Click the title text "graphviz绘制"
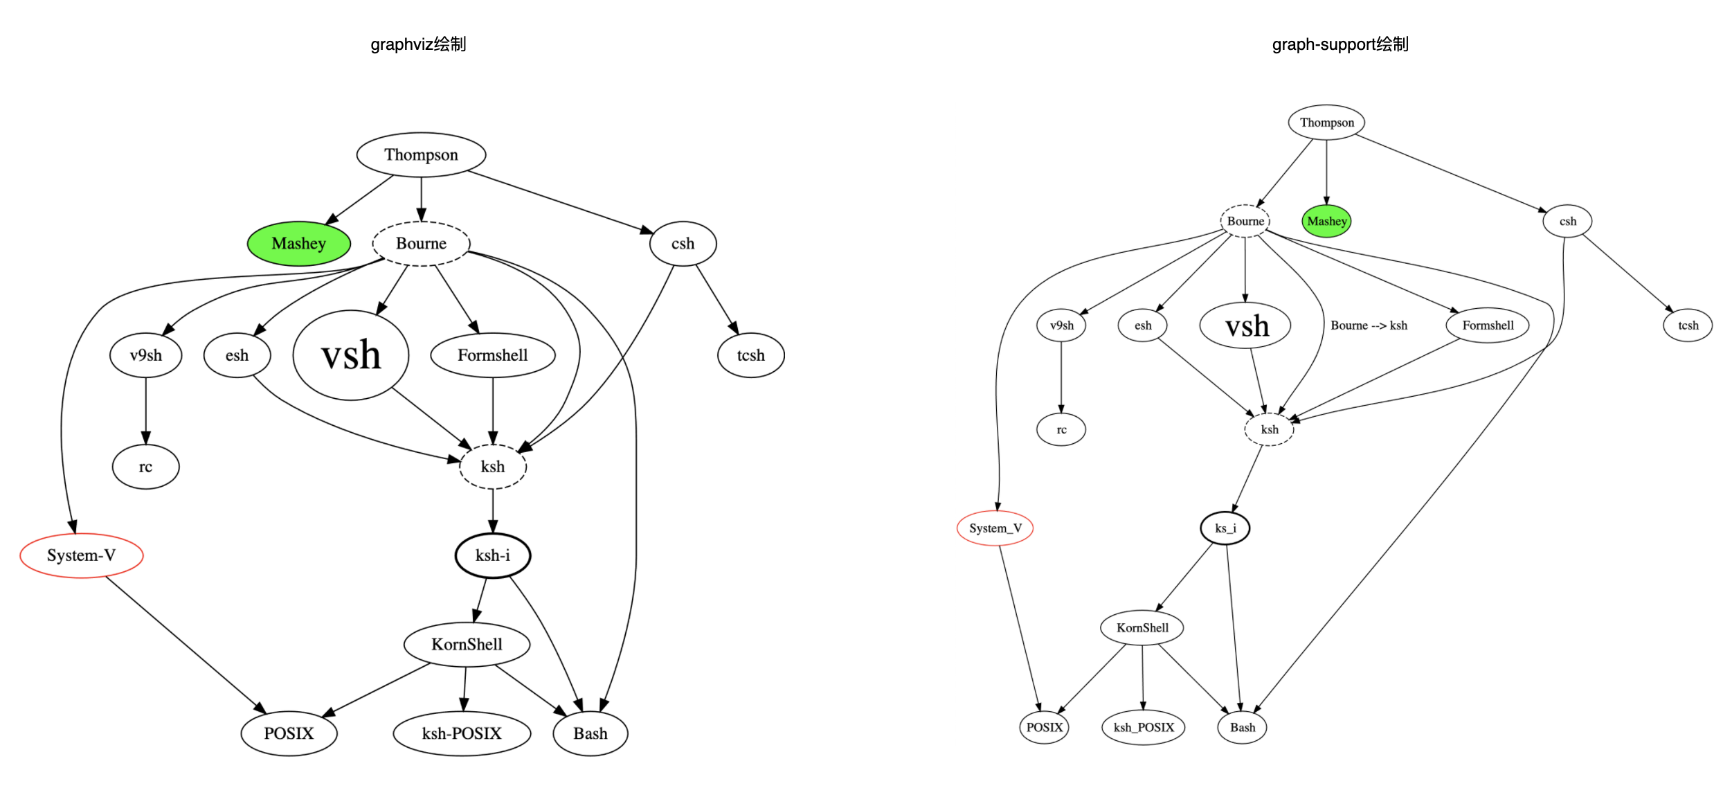point(418,44)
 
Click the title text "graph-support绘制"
point(1339,44)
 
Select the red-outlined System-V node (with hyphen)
point(82,555)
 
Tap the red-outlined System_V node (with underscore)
point(995,528)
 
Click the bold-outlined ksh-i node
point(493,555)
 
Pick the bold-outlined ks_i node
point(1225,528)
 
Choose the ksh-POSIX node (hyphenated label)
point(462,733)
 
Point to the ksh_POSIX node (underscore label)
point(1144,727)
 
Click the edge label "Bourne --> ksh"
point(1369,325)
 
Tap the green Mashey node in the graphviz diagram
point(299,244)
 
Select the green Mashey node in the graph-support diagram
point(1326,222)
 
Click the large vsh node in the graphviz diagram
point(351,355)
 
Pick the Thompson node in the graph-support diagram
point(1326,123)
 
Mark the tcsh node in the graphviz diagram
point(751,355)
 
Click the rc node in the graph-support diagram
point(1061,430)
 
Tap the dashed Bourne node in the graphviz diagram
point(421,244)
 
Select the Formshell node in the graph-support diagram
point(1488,325)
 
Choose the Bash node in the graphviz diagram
point(590,733)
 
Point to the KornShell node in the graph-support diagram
point(1142,628)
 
